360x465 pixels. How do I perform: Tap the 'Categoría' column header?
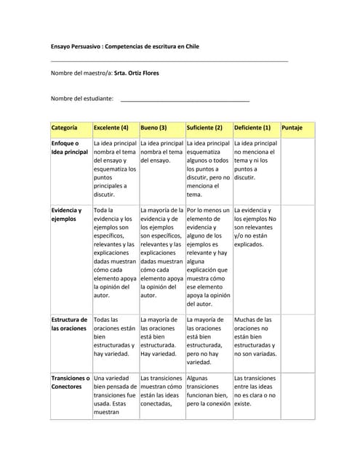[x=65, y=128]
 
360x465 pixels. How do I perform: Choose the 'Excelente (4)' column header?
[x=111, y=128]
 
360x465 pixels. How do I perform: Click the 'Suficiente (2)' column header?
[x=203, y=128]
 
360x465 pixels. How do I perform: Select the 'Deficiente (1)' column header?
[x=252, y=128]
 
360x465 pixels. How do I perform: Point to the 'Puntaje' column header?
[x=292, y=128]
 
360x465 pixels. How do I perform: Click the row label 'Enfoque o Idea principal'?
[x=70, y=148]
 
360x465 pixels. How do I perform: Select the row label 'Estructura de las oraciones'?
[x=70, y=324]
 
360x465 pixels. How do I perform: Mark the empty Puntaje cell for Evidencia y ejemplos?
[x=297, y=258]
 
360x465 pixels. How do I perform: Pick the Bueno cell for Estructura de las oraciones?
[x=161, y=337]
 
